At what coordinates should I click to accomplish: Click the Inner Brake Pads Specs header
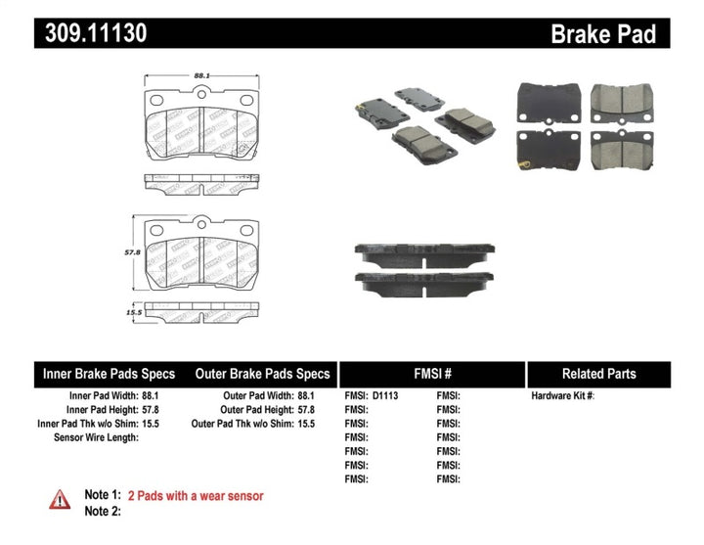pos(109,374)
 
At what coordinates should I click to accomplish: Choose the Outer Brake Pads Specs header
pos(262,374)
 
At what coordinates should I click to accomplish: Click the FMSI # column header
pos(431,374)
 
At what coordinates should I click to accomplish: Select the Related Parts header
pos(598,374)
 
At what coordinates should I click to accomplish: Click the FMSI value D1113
pos(385,396)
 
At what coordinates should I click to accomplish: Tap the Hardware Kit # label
pos(562,396)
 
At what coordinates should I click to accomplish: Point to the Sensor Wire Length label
pos(96,437)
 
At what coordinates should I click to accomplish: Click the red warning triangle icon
pos(61,499)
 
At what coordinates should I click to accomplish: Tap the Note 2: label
pos(102,511)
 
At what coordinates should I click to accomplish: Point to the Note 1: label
pos(102,496)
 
